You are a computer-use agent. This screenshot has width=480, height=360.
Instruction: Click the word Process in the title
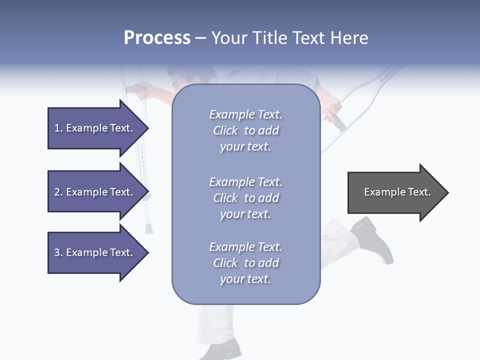coord(157,38)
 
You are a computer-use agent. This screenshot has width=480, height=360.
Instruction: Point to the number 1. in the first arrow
coord(58,128)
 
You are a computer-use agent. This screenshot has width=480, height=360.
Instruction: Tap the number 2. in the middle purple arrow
coord(58,192)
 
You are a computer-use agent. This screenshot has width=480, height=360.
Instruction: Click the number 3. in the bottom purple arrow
coord(58,252)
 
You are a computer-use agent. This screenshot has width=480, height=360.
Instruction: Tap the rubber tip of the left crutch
coord(148,229)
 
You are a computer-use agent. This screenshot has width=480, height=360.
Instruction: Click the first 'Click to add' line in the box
coord(245,130)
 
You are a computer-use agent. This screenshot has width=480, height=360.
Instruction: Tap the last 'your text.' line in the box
coord(245,279)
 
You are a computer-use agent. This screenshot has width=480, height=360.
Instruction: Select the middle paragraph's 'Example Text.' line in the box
coord(245,182)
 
